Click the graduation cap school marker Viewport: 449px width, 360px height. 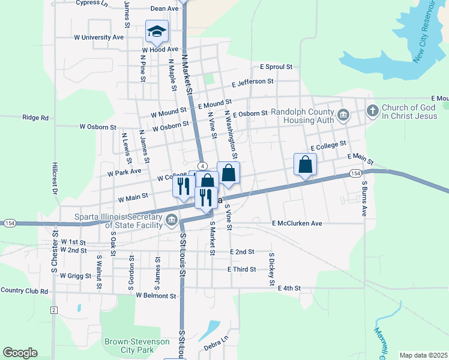tap(157, 31)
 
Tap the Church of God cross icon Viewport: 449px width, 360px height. tap(372, 110)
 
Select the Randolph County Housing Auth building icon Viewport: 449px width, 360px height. tap(343, 115)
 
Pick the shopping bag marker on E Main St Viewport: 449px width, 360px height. tap(305, 164)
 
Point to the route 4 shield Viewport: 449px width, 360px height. tap(202, 166)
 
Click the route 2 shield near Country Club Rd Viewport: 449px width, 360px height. tap(53, 310)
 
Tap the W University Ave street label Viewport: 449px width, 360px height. tap(98, 37)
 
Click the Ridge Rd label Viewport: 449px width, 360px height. tap(35, 118)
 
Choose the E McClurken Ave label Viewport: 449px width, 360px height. tap(297, 223)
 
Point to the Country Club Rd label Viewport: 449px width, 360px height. tap(24, 291)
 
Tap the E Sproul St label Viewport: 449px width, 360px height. tap(276, 67)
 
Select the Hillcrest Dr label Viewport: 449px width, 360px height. tap(55, 178)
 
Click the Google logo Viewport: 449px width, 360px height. tap(20, 353)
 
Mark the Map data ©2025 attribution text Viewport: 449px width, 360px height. tap(423, 355)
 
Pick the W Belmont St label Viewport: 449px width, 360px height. tap(156, 296)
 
